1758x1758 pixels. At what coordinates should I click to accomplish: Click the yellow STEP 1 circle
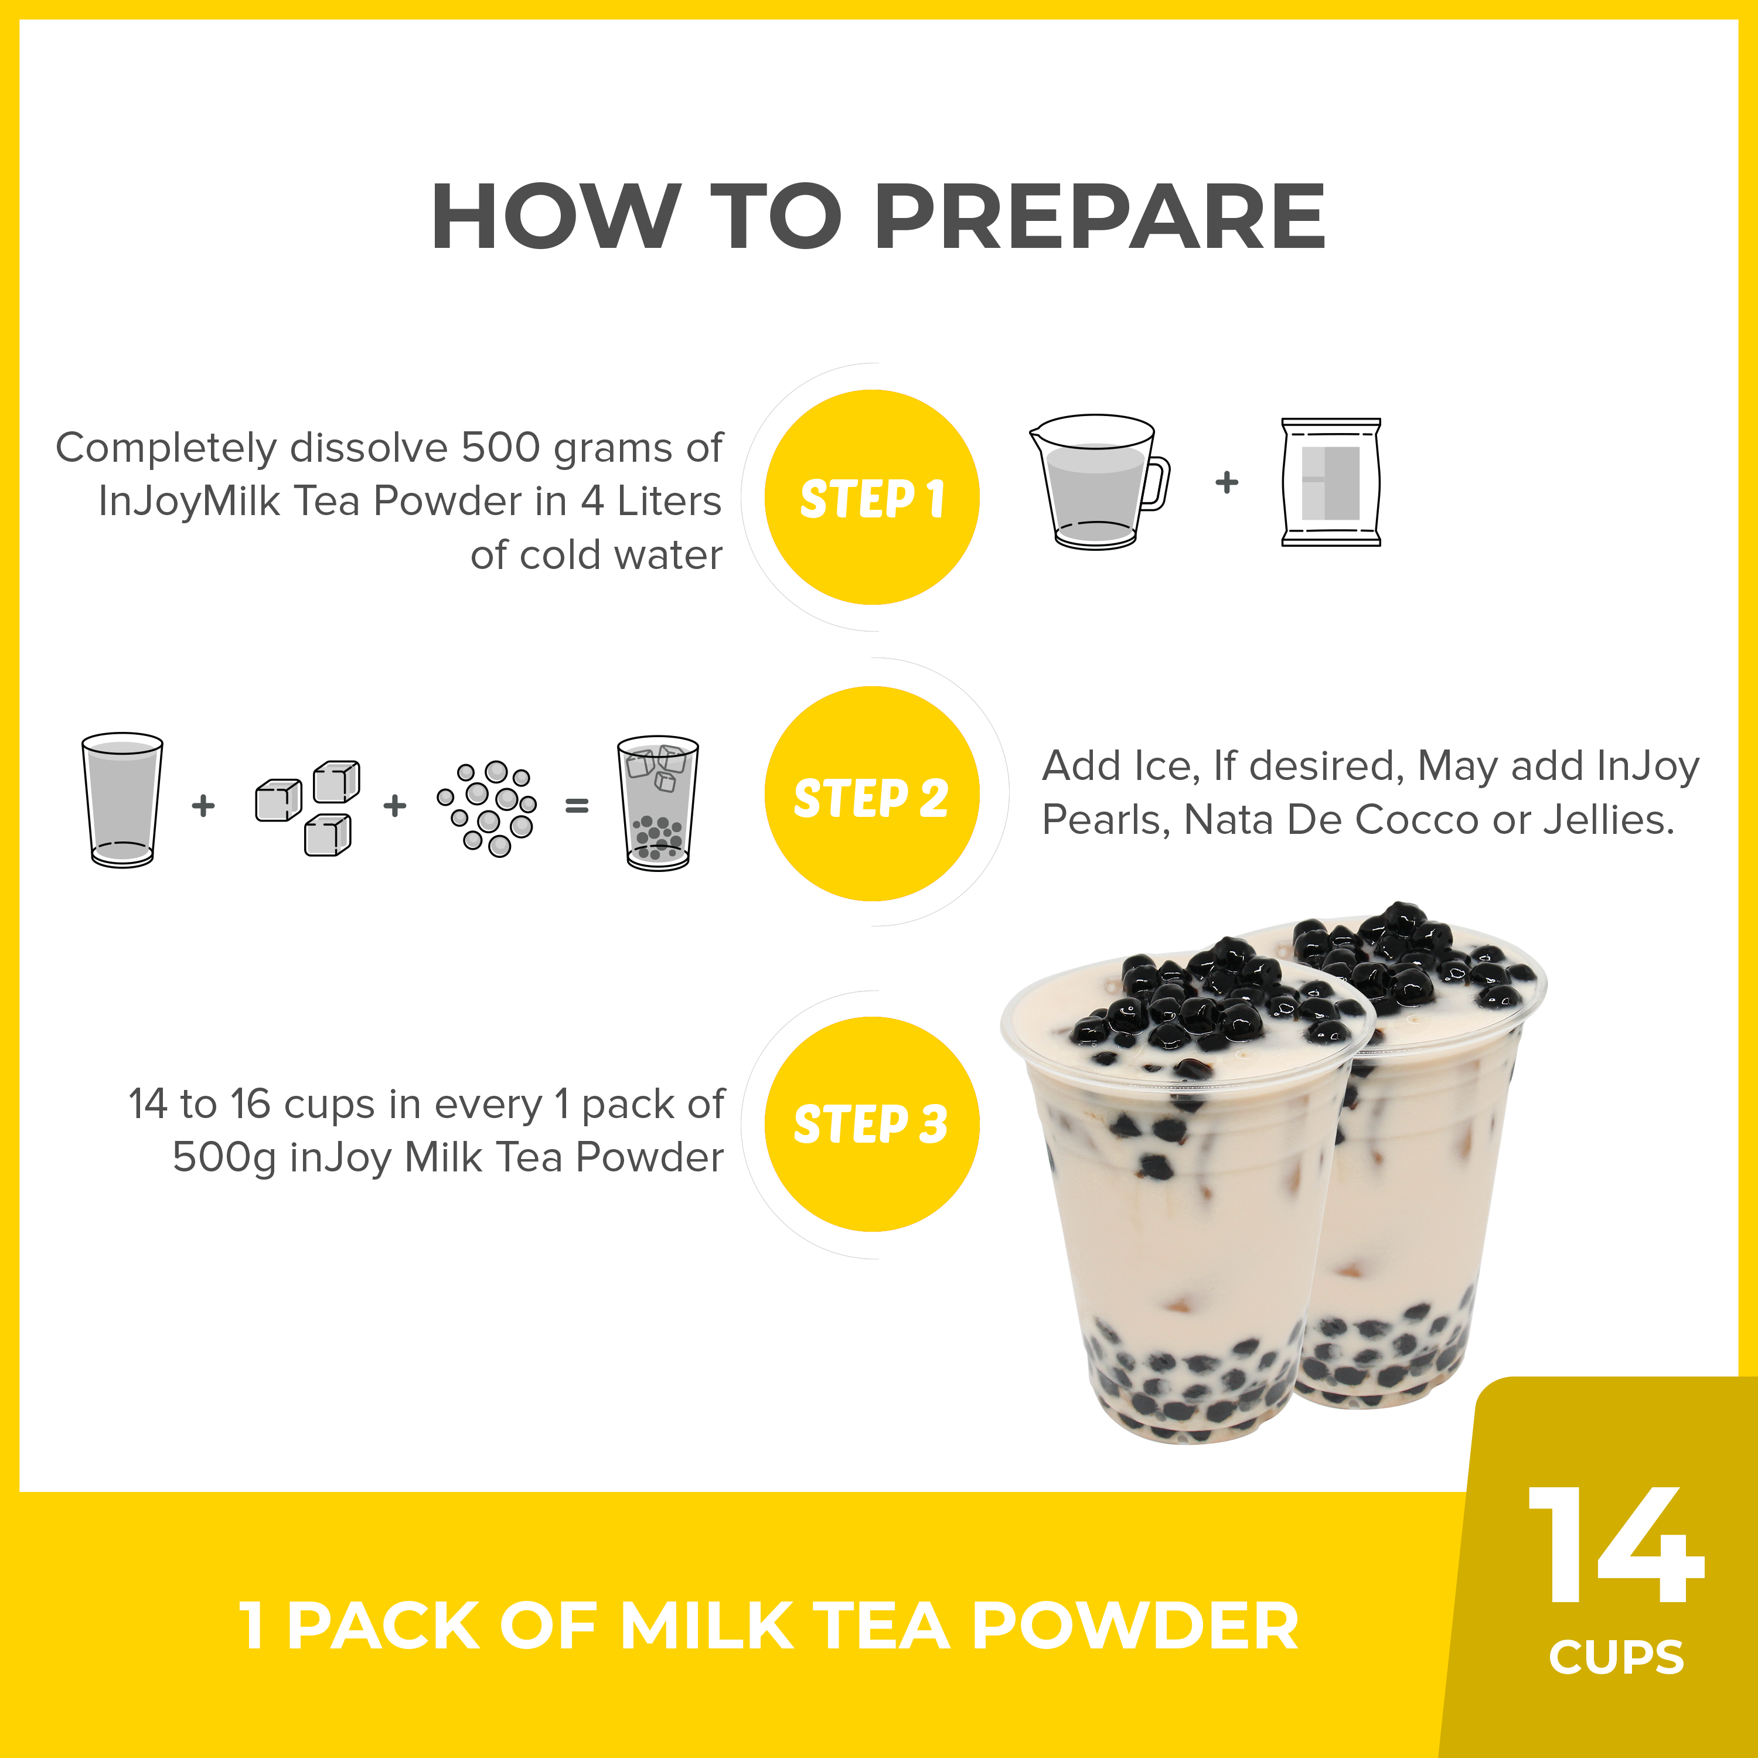click(x=872, y=497)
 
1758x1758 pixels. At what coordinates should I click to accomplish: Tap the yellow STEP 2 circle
click(x=872, y=793)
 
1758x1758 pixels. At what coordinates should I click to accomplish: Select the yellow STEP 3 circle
click(x=872, y=1124)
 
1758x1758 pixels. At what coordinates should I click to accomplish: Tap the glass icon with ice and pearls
click(x=658, y=803)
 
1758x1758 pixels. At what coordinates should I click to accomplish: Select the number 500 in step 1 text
click(x=499, y=448)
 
